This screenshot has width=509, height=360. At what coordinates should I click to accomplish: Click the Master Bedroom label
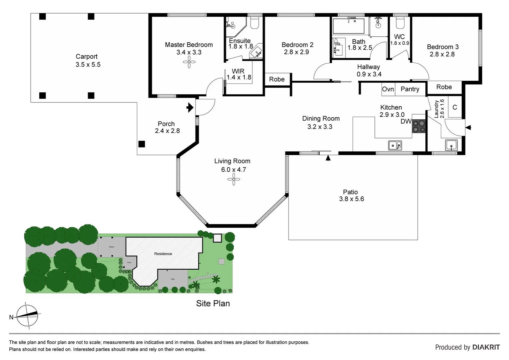189,45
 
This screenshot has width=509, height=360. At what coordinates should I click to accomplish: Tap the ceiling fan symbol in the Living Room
234,180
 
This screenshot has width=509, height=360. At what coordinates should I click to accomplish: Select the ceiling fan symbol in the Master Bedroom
189,62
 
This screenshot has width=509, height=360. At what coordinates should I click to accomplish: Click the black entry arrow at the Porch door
190,107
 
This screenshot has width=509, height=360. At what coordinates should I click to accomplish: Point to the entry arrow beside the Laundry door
468,127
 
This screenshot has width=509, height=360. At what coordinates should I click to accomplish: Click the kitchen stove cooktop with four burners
419,126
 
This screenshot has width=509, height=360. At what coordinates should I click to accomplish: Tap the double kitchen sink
395,145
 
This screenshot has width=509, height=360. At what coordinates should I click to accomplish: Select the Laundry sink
451,145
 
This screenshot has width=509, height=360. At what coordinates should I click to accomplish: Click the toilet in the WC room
400,23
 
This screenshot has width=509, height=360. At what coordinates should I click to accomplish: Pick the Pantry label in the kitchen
410,89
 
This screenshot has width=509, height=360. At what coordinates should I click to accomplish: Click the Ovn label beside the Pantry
388,89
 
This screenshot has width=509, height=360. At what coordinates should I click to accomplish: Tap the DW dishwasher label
406,121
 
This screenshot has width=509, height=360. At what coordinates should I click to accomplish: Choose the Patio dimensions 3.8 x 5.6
351,199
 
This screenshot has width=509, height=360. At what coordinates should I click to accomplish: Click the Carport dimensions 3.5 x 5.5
88,65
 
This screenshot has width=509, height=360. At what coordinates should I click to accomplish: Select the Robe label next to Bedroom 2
277,79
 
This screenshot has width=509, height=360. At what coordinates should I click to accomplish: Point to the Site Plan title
213,303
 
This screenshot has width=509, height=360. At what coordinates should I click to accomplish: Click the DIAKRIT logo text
486,347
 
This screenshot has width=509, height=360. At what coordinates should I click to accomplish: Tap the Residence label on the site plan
163,254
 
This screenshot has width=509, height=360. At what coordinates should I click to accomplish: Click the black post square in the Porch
142,144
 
